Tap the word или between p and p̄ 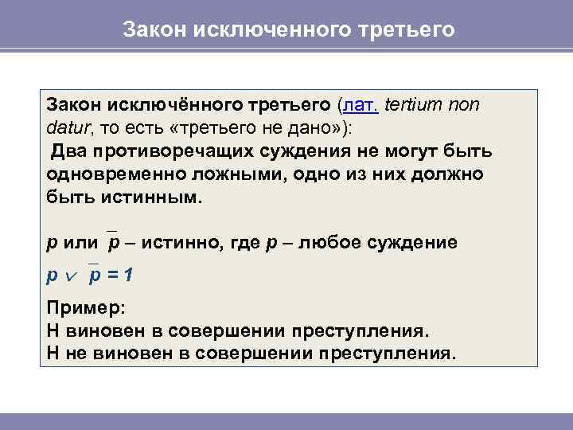(x=81, y=242)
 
